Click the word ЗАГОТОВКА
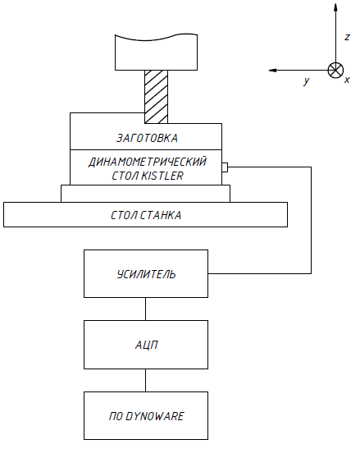coord(147,138)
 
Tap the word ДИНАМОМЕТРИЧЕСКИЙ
coord(148,162)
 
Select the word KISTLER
coord(162,176)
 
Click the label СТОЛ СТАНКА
coord(146,215)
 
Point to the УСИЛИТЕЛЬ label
coord(146,274)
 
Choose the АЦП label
coord(147,345)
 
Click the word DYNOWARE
coord(155,416)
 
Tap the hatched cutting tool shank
coord(156,97)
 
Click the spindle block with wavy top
coord(156,53)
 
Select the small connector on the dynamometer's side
coord(225,167)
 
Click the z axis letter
coord(347,37)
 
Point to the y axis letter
coord(307,80)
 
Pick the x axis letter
coord(347,80)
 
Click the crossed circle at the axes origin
coord(335,71)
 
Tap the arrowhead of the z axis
coord(335,7)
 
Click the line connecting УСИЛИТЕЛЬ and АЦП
coord(145,309)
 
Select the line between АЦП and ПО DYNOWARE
coord(145,380)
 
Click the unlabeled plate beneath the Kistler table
coord(145,194)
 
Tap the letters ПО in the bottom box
coord(116,416)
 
